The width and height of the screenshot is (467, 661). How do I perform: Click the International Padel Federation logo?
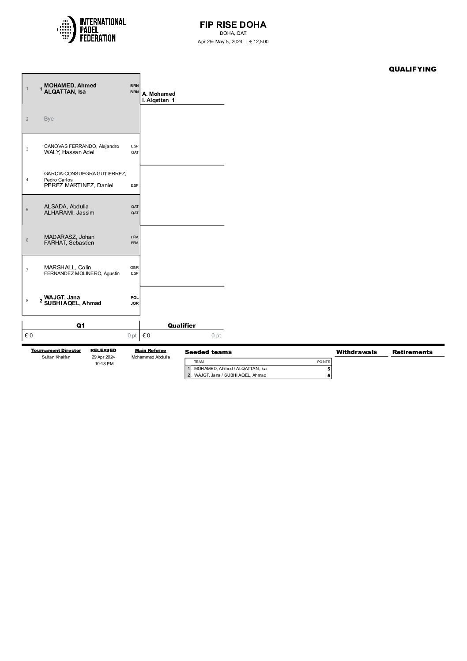click(x=91, y=30)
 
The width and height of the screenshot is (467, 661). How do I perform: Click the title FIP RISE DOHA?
click(x=233, y=25)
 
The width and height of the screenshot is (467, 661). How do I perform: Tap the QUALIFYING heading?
click(x=412, y=69)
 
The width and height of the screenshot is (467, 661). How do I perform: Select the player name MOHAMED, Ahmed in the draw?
click(x=70, y=86)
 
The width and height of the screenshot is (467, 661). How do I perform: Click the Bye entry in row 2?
click(x=49, y=119)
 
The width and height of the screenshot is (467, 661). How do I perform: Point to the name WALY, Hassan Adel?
click(x=69, y=152)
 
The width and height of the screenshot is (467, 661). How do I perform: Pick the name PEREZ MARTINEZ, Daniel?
click(x=79, y=185)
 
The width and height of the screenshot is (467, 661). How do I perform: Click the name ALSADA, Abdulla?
click(x=66, y=207)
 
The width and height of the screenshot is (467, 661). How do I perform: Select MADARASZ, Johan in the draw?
click(x=69, y=237)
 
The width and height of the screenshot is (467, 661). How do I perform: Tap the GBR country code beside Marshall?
click(x=134, y=268)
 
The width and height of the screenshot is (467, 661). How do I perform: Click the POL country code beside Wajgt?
click(x=134, y=298)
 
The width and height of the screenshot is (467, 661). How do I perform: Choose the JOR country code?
click(x=134, y=303)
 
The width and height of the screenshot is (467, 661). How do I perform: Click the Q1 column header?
click(x=80, y=325)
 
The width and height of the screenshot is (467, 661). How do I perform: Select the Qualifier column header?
click(x=181, y=325)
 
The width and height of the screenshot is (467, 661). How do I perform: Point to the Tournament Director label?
click(x=56, y=351)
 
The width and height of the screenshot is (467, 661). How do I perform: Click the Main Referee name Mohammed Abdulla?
click(x=151, y=357)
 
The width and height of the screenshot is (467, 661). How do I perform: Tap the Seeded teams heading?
click(x=208, y=352)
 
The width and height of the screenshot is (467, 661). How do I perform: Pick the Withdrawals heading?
click(x=356, y=352)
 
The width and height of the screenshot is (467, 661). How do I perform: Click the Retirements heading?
click(x=412, y=352)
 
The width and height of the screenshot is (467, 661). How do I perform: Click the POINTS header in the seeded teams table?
click(x=324, y=362)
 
